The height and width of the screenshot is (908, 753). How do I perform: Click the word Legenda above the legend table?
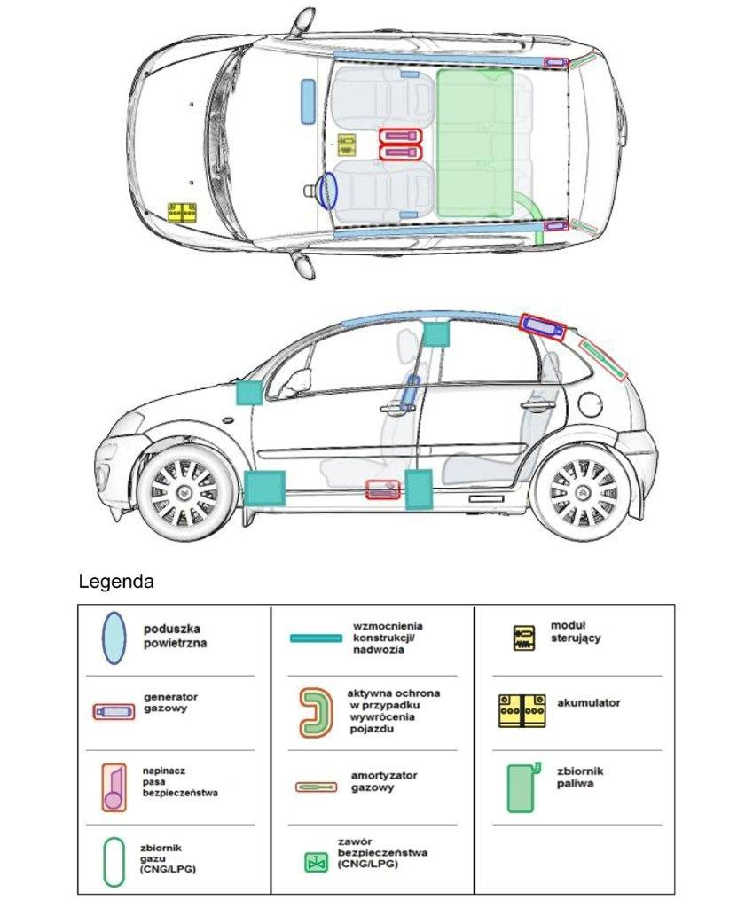(116, 583)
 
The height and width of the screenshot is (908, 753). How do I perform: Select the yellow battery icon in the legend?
(522, 710)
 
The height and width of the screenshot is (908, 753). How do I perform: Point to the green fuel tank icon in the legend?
(522, 787)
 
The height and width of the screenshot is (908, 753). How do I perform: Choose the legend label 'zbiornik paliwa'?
(581, 778)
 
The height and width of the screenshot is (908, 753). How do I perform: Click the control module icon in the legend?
(525, 638)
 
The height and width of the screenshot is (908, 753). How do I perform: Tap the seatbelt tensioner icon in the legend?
(114, 786)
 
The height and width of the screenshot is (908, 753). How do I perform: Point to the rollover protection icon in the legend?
(316, 712)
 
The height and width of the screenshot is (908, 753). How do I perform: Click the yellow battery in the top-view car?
(183, 212)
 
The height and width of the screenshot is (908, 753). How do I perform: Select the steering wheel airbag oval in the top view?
(328, 191)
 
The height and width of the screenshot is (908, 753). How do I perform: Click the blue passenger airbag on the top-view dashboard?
(308, 100)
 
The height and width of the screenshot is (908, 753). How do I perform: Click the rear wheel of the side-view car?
(584, 493)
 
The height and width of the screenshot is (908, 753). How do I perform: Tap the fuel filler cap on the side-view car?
(591, 404)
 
